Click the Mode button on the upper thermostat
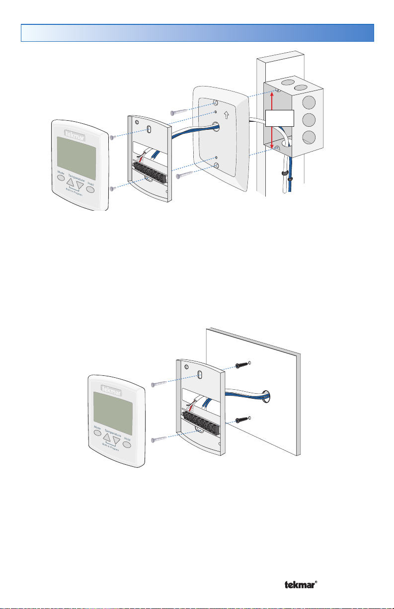[61, 176]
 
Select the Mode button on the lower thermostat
[97, 433]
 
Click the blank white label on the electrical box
[280, 119]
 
